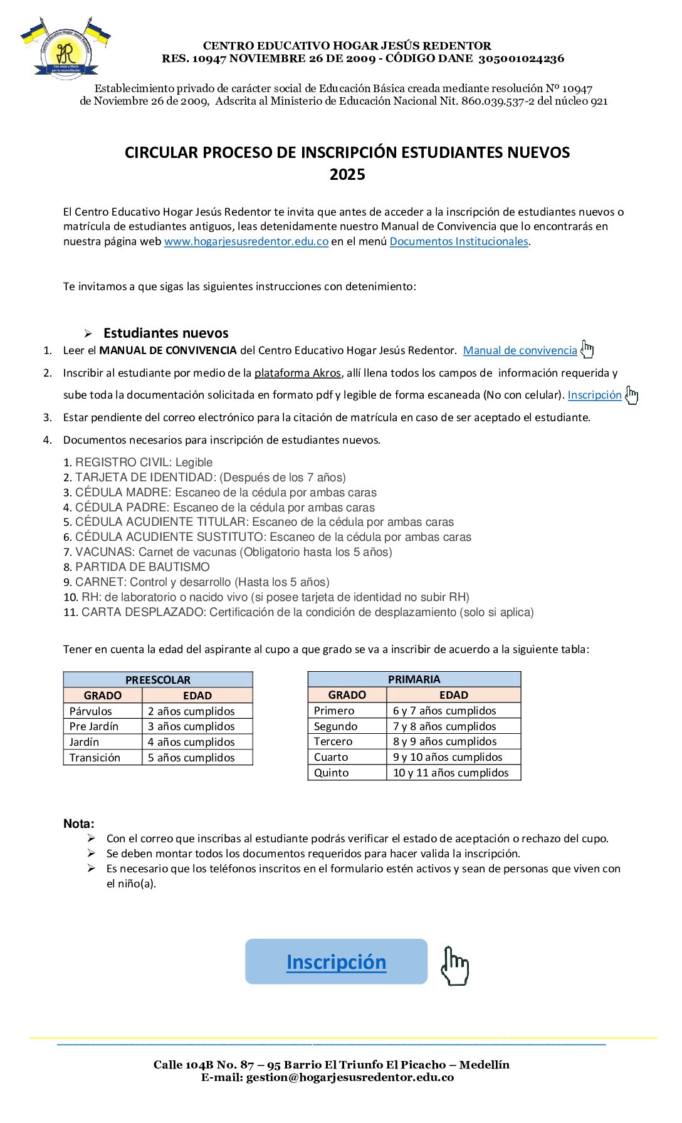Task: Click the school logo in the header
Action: pos(66,49)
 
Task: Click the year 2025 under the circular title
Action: pos(347,174)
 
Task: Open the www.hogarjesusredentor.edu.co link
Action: pos(246,241)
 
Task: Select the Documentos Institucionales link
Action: pos(459,241)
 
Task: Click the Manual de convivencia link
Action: pos(520,350)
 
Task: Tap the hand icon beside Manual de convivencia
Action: pos(587,349)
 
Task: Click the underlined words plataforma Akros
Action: pos(297,373)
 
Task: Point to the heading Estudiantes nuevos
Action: pos(165,333)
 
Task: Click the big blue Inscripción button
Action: pos(336,961)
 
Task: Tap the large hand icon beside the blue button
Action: pos(454,966)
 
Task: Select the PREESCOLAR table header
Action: pos(158,679)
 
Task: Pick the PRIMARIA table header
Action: pos(414,679)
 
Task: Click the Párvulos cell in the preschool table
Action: pos(91,711)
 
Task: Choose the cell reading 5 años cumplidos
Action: pos(191,758)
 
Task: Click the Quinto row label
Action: pos(331,773)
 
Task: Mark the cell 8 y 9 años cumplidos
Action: pos(444,741)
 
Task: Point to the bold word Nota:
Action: pos(78,823)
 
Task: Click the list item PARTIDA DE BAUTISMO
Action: pos(142,567)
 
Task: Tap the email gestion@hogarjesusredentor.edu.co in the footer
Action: pos(349,1077)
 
